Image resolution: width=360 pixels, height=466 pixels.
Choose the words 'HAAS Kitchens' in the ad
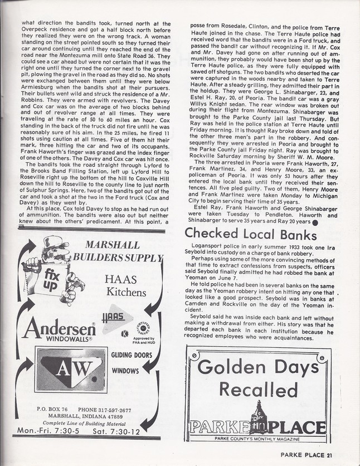[x=127, y=285]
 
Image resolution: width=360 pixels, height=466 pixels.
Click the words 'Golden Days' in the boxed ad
[x=256, y=368]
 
